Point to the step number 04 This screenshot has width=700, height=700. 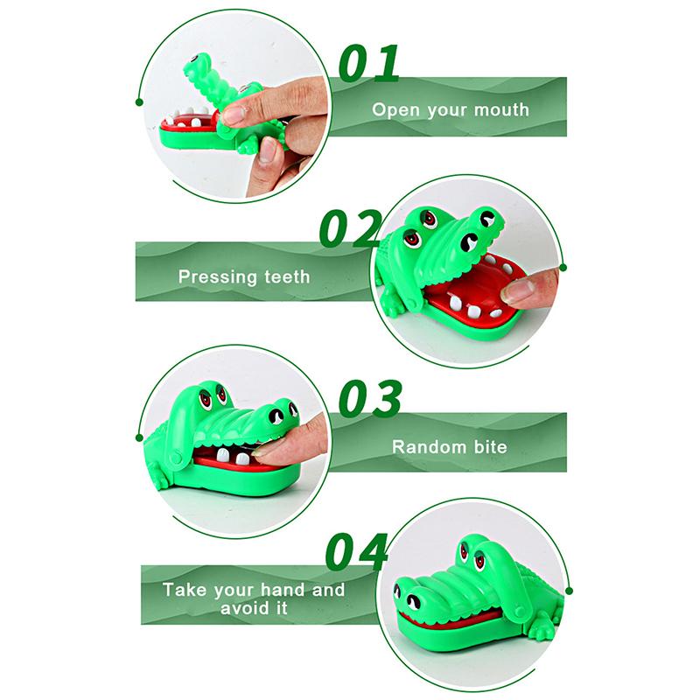(x=357, y=549)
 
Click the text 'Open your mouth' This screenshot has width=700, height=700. (x=451, y=110)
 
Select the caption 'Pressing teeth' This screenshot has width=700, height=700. (x=244, y=276)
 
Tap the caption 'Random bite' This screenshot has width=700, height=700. (x=449, y=446)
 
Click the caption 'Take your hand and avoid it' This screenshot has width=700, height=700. (x=254, y=598)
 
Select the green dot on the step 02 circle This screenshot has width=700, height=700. (x=563, y=266)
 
